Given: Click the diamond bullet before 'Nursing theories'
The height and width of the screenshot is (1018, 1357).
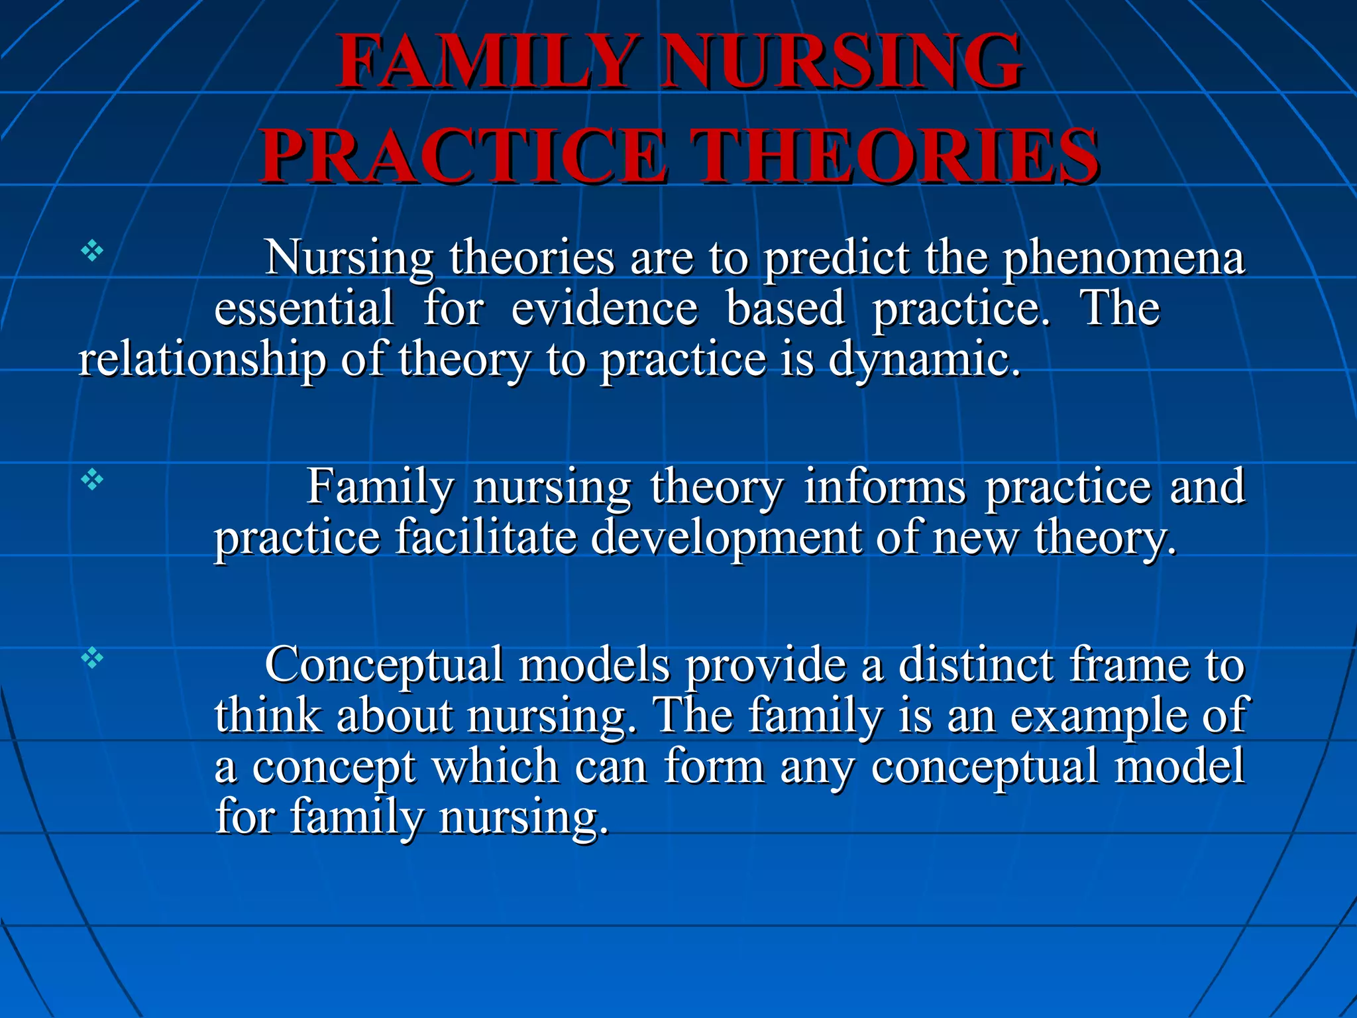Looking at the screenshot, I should pos(92,251).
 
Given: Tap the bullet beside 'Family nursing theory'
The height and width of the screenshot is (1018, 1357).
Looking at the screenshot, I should pos(92,479).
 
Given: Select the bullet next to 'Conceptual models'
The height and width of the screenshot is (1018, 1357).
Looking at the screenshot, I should pos(92,658).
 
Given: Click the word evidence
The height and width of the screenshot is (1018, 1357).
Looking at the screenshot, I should pos(604,309).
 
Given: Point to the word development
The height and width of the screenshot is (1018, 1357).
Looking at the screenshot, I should pos(725,538).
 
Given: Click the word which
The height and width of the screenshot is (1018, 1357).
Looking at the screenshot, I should pos(495,767).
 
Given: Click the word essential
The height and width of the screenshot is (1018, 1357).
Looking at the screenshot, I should pos(303,309).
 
